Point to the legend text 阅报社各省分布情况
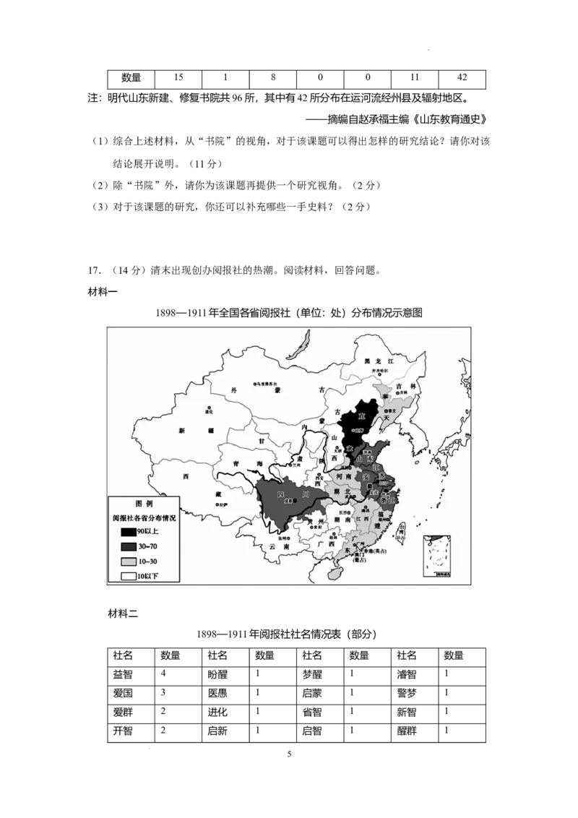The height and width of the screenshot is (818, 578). click(x=144, y=517)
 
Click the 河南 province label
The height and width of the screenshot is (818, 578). click(x=345, y=477)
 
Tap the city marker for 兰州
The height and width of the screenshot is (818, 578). click(x=288, y=462)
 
